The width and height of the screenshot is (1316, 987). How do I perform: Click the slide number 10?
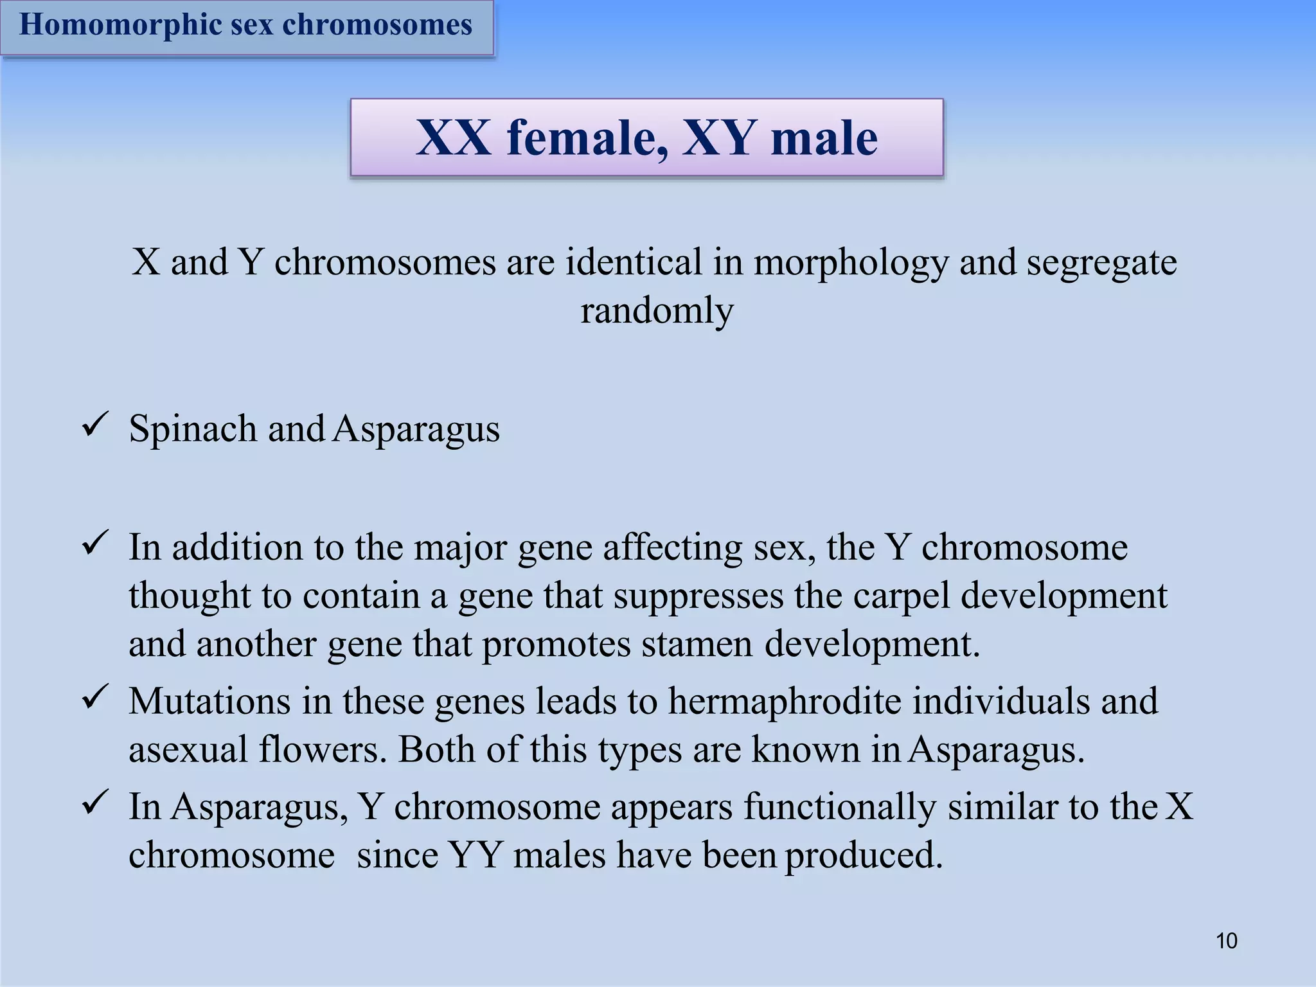pyautogui.click(x=1227, y=941)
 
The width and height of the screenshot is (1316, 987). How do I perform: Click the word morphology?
pyautogui.click(x=851, y=263)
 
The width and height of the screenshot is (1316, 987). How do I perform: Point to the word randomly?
pyautogui.click(x=657, y=311)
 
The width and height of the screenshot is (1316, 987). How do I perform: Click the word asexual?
pyautogui.click(x=188, y=749)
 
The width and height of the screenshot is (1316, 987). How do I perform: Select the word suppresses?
pyautogui.click(x=698, y=596)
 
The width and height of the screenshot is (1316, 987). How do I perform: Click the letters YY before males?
pyautogui.click(x=475, y=855)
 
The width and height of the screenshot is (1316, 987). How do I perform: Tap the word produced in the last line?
pyautogui.click(x=864, y=855)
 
